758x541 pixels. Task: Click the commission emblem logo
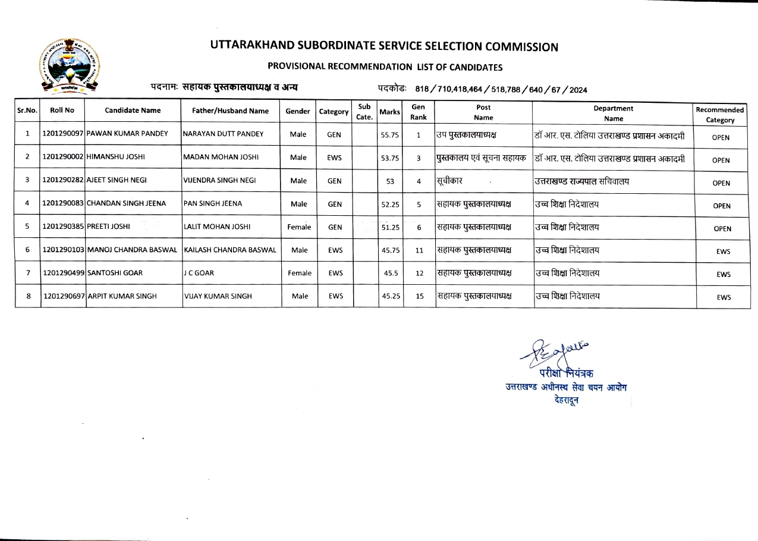pos(70,65)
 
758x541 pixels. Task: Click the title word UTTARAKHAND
pos(253,47)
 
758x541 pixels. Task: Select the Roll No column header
pos(62,110)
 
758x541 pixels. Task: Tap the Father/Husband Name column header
pos(231,111)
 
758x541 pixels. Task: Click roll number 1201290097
pos(64,134)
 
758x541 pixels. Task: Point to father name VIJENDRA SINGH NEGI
pos(219,180)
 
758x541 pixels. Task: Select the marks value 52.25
pos(391,205)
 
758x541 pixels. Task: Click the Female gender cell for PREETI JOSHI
pos(299,227)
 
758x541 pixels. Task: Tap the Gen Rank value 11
pos(419,250)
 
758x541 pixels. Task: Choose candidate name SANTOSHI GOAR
pos(115,273)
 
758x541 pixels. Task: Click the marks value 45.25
pos(391,296)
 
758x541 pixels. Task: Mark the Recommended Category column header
pos(720,115)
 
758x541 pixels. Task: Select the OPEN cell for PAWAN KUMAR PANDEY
pos(721,137)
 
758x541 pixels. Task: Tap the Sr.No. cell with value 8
pos(28,295)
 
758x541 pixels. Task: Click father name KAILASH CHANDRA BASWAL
pos(231,250)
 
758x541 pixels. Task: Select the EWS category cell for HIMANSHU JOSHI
pos(334,158)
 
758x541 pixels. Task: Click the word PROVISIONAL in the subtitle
pos(297,67)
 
